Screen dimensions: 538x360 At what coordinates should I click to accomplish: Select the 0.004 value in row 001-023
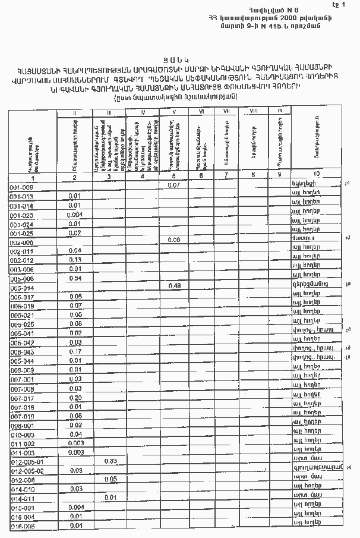[x=75, y=215]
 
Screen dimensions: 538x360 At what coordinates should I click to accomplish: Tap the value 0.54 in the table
[x=75, y=278]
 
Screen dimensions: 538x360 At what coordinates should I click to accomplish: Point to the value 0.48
[x=174, y=286]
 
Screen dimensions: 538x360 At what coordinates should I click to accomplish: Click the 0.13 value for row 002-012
[x=75, y=260]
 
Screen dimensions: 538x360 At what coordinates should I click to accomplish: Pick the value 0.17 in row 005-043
[x=75, y=351]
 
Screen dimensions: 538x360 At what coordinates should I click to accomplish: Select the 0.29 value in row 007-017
[x=75, y=397]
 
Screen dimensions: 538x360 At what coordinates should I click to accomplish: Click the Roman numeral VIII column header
[x=254, y=110]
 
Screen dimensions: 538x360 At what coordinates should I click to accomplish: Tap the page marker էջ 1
[x=339, y=5]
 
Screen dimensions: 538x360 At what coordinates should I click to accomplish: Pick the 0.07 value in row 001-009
[x=174, y=185]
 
